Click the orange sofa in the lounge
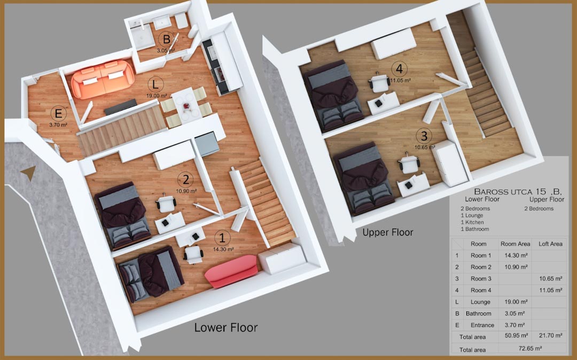(103, 79)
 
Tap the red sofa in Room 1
(231, 271)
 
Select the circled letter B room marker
(166, 39)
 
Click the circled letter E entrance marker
(58, 114)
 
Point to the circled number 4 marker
(399, 69)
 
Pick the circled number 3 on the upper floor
(424, 136)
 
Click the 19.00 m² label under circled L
(157, 96)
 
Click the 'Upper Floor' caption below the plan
(387, 232)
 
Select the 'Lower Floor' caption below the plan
(226, 327)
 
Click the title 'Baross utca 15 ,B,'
(517, 192)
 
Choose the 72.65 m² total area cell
(527, 348)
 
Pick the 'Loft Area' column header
(550, 244)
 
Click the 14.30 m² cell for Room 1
(516, 255)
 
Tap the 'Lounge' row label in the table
(480, 302)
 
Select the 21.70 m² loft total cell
(550, 335)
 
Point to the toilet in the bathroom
(193, 32)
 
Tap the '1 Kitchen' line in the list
(472, 222)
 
